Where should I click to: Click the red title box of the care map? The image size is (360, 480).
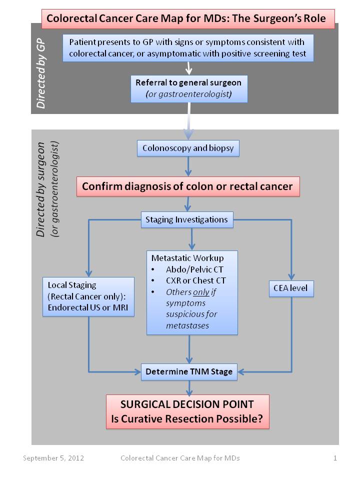pyautogui.click(x=186, y=19)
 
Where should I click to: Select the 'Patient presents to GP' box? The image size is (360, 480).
pyautogui.click(x=188, y=47)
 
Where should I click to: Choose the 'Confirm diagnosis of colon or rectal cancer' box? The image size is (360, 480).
pyautogui.click(x=187, y=186)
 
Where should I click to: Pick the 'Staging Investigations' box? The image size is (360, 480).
pyautogui.click(x=186, y=219)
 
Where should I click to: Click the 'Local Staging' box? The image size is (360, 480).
pyautogui.click(x=89, y=296)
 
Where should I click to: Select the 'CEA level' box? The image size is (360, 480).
pyautogui.click(x=291, y=288)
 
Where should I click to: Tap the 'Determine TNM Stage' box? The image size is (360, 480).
pyautogui.click(x=189, y=371)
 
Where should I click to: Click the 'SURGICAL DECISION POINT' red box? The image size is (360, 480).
pyautogui.click(x=187, y=411)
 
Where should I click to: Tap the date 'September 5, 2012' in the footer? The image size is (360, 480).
pyautogui.click(x=53, y=458)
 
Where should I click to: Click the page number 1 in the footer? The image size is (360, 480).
pyautogui.click(x=335, y=458)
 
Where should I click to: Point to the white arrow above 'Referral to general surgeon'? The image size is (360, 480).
pyautogui.click(x=189, y=67)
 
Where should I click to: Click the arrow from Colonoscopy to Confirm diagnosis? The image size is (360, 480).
pyautogui.click(x=188, y=166)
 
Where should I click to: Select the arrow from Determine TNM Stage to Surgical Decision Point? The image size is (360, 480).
pyautogui.click(x=188, y=387)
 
